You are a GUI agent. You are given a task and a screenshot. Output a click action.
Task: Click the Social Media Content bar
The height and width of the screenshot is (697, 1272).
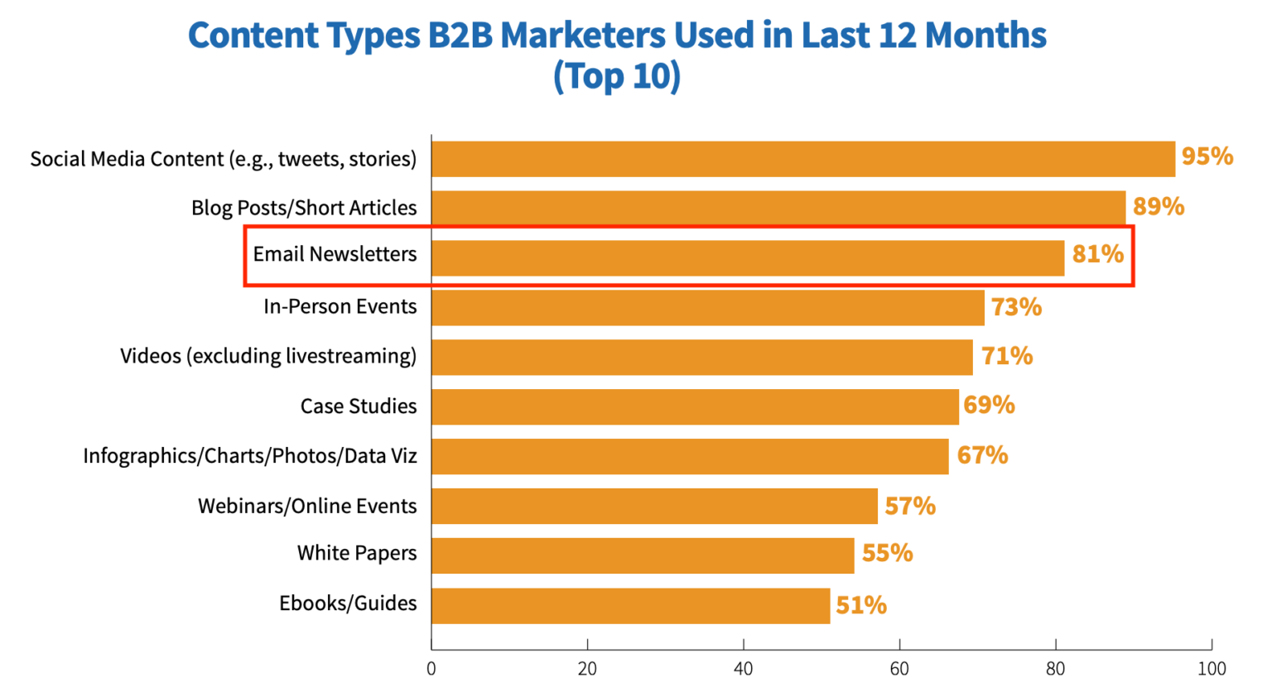pyautogui.click(x=802, y=159)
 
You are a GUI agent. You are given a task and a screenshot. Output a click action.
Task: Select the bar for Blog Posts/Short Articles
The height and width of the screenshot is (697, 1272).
pyautogui.click(x=778, y=208)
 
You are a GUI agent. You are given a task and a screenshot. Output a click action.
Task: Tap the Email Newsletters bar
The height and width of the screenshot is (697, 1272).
pyautogui.click(x=747, y=257)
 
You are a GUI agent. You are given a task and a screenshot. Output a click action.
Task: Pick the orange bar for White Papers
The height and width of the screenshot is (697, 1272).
pyautogui.click(x=643, y=555)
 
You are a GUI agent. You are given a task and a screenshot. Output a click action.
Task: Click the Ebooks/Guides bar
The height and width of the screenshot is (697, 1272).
pyautogui.click(x=630, y=605)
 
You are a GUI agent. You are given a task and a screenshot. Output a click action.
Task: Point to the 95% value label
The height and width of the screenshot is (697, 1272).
pyautogui.click(x=1207, y=156)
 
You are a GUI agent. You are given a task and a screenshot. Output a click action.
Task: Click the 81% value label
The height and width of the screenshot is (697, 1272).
pyautogui.click(x=1097, y=254)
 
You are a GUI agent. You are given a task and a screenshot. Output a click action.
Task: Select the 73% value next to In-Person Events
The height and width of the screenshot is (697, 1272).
pyautogui.click(x=1016, y=307)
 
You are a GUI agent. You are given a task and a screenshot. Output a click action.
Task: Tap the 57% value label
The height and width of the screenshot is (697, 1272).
pyautogui.click(x=909, y=506)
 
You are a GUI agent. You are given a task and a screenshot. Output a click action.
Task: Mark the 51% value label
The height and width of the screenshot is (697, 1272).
pyautogui.click(x=860, y=605)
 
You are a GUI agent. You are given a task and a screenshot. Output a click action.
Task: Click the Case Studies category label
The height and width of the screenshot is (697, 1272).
pyautogui.click(x=358, y=406)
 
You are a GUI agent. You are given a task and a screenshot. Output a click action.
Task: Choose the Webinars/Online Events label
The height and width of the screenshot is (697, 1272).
pyautogui.click(x=307, y=506)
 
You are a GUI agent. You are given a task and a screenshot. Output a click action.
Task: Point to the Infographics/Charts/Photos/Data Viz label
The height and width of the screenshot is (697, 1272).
pyautogui.click(x=249, y=456)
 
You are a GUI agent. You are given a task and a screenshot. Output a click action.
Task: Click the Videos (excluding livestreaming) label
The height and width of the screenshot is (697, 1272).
pyautogui.click(x=268, y=356)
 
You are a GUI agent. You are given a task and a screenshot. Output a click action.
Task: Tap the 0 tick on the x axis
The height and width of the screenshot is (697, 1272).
pyautogui.click(x=431, y=669)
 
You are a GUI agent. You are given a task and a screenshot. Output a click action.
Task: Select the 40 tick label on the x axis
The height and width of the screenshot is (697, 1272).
pyautogui.click(x=743, y=669)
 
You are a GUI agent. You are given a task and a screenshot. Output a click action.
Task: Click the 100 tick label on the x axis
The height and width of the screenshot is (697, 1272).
pyautogui.click(x=1211, y=669)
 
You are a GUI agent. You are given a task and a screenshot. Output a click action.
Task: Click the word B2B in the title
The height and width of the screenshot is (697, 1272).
pyautogui.click(x=460, y=36)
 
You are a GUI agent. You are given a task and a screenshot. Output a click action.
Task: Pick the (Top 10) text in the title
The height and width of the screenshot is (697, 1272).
pyautogui.click(x=616, y=76)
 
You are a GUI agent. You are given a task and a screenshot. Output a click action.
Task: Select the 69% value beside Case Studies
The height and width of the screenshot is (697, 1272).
pyautogui.click(x=989, y=405)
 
